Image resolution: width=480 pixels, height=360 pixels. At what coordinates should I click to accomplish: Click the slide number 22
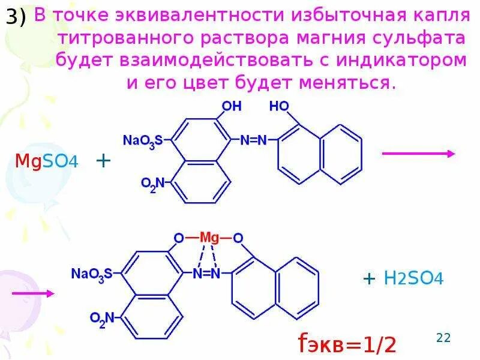(x=443, y=338)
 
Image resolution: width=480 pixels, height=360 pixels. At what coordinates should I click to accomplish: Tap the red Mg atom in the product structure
(x=209, y=238)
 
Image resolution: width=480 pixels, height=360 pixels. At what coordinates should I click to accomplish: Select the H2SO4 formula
(x=413, y=278)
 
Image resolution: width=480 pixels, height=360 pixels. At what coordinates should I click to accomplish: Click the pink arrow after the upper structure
(x=418, y=154)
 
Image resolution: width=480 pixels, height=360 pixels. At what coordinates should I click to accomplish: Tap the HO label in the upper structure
(x=278, y=107)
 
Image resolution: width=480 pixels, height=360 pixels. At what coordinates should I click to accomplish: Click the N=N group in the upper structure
(x=253, y=140)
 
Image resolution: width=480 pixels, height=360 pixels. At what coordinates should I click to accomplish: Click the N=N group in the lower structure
(x=207, y=274)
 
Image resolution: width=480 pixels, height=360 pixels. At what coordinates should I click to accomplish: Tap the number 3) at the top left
(x=16, y=19)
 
